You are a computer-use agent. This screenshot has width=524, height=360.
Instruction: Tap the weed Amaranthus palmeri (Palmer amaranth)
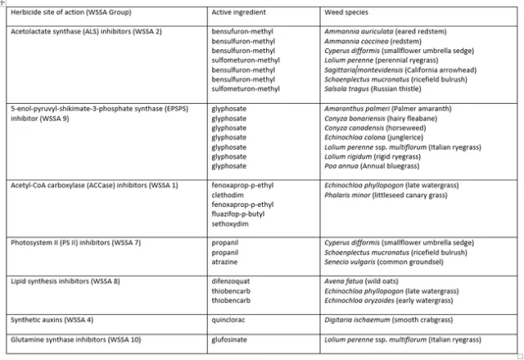pyautogui.click(x=377, y=109)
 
